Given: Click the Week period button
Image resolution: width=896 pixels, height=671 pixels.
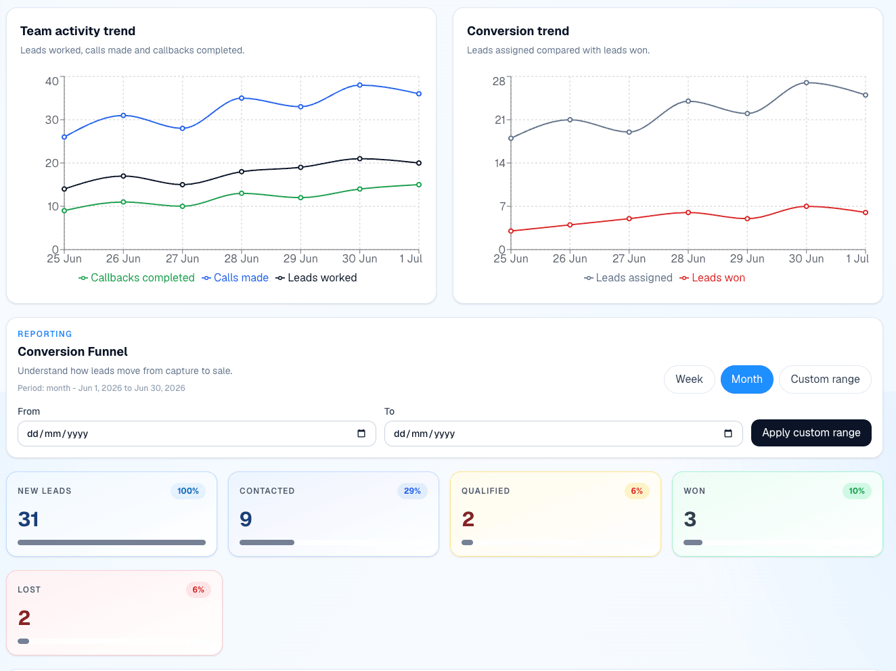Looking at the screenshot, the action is pos(689,379).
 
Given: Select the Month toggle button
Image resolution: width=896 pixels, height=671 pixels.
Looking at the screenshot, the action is pos(746,379).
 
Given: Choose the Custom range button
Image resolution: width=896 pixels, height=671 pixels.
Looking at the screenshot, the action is pos(825,379).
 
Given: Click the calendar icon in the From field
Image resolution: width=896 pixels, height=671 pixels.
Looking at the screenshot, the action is pos(361,433).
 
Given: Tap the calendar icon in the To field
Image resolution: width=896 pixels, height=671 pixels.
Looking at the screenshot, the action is pos(727,433).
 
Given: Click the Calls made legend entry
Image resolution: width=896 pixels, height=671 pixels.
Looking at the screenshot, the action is pos(235,278).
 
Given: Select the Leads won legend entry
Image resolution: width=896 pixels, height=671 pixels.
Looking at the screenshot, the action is pos(713,278).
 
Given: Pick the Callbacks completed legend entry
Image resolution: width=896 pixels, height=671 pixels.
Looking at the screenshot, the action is pos(136,278).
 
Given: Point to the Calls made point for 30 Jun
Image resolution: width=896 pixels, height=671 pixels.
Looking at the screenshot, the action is pos(359,85).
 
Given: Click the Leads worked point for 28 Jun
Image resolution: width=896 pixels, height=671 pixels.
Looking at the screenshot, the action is pos(242,172).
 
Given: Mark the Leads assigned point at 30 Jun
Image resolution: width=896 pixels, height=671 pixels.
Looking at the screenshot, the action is pos(806,83).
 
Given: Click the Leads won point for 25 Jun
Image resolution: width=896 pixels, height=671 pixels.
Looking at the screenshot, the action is pos(511,231).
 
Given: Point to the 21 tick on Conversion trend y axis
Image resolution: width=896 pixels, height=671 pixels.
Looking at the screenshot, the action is pos(500,120).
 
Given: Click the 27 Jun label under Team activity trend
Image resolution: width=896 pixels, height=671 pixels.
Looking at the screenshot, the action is pos(182,258).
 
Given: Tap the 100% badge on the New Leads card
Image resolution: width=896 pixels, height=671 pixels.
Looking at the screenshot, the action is pos(187,491).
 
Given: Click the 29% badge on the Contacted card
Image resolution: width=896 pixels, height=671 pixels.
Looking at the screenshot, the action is pos(412,491).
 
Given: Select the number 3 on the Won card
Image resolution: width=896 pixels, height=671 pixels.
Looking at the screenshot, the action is pos(690,519).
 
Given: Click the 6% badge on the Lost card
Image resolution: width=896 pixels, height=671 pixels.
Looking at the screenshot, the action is pos(198,590).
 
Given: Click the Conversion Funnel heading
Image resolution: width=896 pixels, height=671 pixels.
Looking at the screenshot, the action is pos(72,352).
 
